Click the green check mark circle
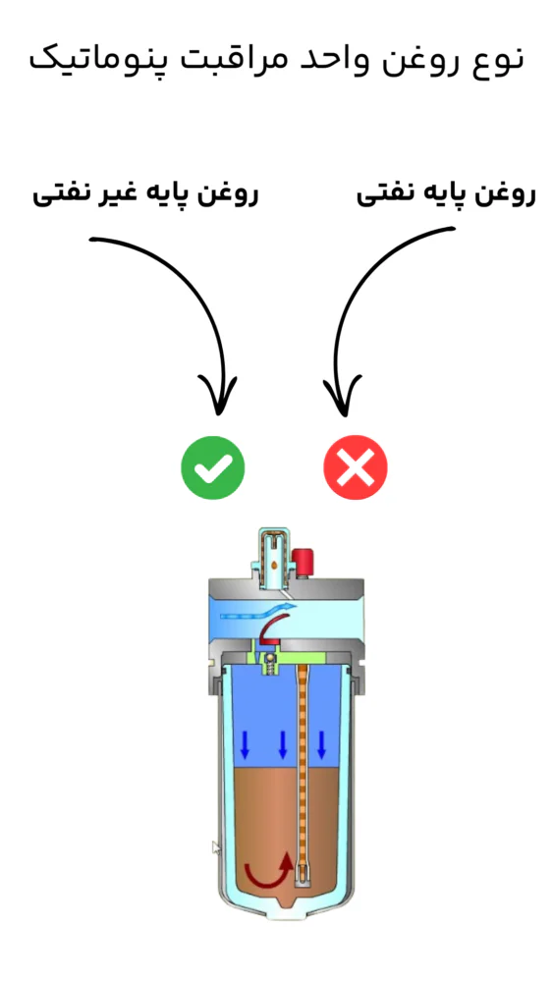(212, 467)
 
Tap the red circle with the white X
(356, 467)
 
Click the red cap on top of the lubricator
(303, 562)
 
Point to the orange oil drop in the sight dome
(274, 565)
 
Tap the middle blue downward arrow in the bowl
(283, 743)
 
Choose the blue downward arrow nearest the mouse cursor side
(245, 743)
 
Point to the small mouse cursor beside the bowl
(216, 847)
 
